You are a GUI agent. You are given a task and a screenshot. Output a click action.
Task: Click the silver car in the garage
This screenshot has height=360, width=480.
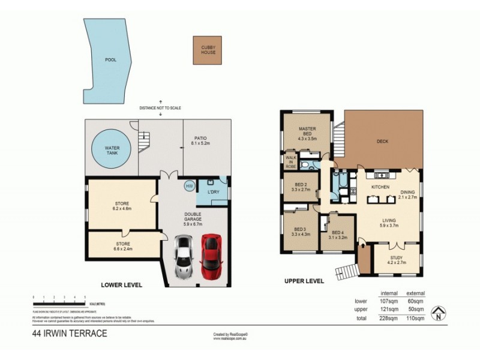[184, 257]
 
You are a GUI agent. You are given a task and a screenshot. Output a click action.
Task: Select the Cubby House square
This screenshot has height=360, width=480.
[207, 50]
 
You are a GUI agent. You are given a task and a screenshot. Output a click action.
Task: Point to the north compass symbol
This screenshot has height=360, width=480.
[439, 312]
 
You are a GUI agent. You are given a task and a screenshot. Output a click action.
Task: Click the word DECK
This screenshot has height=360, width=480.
[383, 142]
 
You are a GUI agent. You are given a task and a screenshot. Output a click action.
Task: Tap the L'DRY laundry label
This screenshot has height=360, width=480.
[214, 191]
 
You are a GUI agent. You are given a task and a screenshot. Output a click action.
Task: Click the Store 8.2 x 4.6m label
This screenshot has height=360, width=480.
[122, 206]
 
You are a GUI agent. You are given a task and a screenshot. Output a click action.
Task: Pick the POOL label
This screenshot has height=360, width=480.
[110, 60]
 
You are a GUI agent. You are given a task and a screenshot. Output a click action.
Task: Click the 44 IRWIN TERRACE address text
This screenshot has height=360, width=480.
[70, 333]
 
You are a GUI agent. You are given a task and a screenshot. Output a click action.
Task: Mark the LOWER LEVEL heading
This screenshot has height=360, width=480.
[121, 285]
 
